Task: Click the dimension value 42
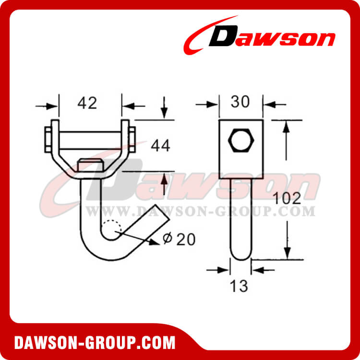click(x=90, y=103)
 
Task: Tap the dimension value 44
click(x=161, y=145)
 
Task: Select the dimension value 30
click(x=240, y=102)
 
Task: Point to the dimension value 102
click(x=287, y=198)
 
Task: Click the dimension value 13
click(x=239, y=286)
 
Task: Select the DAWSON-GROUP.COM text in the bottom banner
click(x=95, y=343)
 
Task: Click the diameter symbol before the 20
click(x=167, y=239)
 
